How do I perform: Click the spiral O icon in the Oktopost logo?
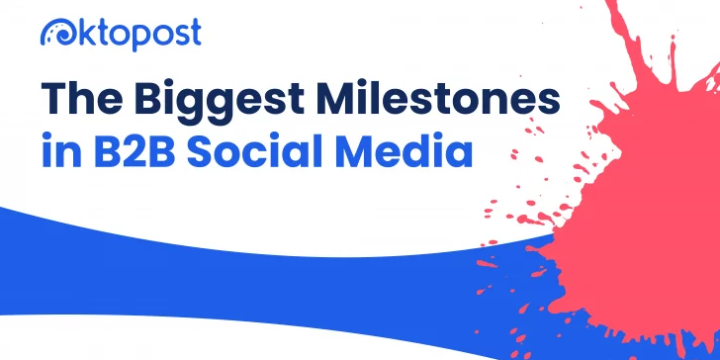point(56,34)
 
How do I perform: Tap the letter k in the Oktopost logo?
point(83,33)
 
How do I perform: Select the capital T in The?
point(54,99)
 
